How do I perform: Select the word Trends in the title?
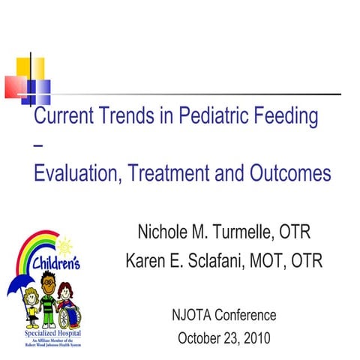tap(136, 117)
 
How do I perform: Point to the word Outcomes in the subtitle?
tap(288, 173)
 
